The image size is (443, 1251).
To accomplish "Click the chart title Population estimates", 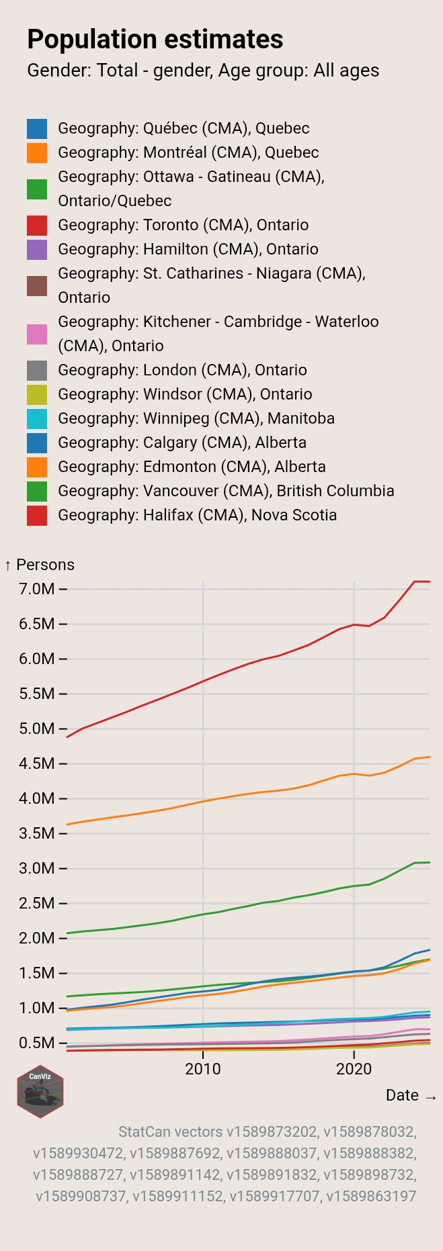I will [x=155, y=40].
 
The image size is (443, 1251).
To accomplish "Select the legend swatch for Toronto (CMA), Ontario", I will [x=37, y=226].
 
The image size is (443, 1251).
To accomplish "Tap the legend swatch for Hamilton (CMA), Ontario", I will [x=37, y=250].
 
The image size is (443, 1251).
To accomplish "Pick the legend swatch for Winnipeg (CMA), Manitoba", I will [x=37, y=419].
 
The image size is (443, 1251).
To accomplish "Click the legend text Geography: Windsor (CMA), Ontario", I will [x=185, y=394].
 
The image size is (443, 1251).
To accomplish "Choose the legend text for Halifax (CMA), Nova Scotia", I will [x=197, y=515].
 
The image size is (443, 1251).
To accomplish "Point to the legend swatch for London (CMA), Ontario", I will [x=37, y=371].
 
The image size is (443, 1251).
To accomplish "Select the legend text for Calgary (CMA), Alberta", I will [x=182, y=443].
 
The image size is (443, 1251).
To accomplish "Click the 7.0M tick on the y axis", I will [x=37, y=589].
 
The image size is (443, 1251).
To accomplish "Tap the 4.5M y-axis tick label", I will [x=37, y=763].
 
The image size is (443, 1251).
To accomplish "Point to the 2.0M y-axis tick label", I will [x=37, y=938].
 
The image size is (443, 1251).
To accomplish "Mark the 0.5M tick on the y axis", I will [x=37, y=1043].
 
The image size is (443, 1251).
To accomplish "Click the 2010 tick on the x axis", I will [x=203, y=1068].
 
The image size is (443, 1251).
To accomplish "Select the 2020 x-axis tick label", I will [x=354, y=1068].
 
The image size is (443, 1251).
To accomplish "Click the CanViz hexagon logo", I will [x=40, y=1091].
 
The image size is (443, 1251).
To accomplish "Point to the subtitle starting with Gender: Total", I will [x=203, y=71].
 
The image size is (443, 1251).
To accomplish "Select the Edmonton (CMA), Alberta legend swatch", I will [x=37, y=467].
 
